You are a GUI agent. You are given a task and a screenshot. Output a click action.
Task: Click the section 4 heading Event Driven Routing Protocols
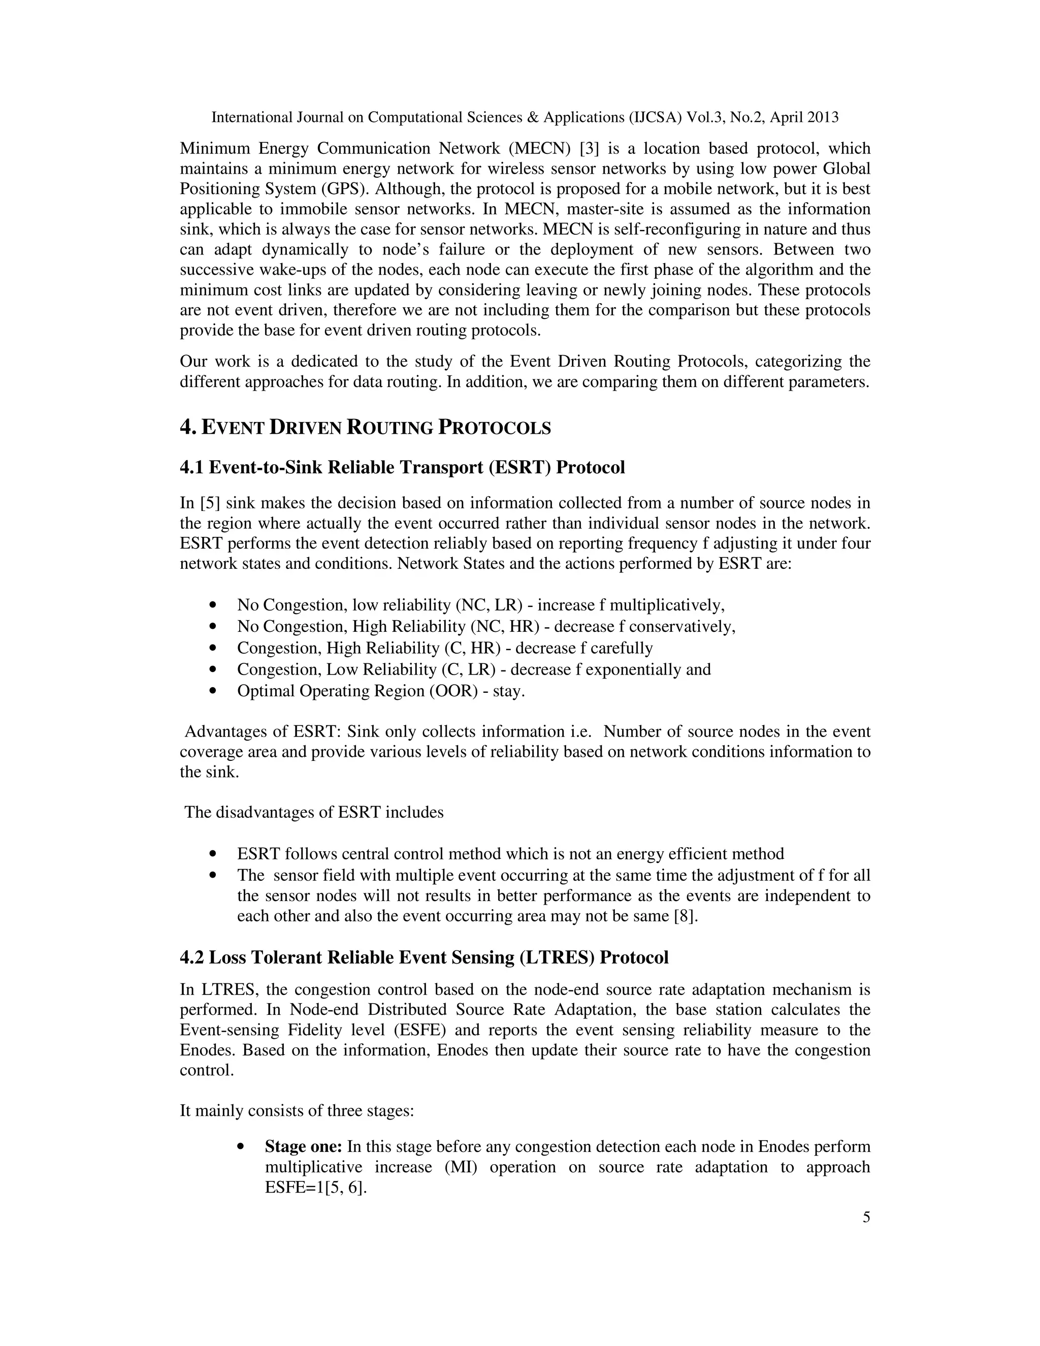coord(365,427)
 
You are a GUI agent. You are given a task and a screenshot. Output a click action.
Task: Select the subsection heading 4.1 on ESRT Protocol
coord(402,467)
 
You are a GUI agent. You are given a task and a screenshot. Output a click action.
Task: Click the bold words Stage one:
coord(303,1146)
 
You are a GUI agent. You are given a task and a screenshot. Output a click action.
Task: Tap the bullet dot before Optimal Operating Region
coord(214,691)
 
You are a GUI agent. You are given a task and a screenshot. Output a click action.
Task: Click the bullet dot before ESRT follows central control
coord(214,854)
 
